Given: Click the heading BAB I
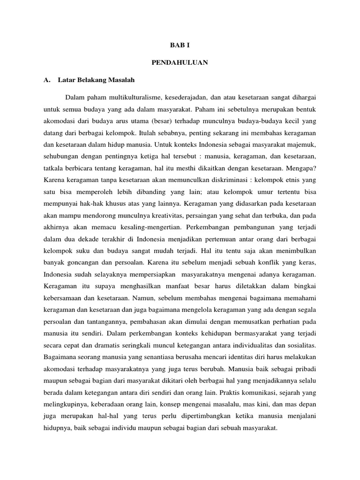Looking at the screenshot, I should [x=180, y=45].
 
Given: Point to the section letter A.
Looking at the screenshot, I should [x=46, y=80].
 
